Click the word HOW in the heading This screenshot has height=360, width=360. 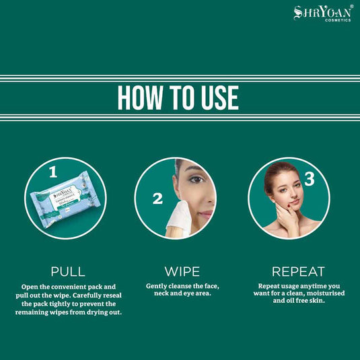point(142,97)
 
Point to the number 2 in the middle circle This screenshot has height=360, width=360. point(157,199)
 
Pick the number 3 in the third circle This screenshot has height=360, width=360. point(309,179)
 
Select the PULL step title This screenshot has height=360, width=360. point(68,272)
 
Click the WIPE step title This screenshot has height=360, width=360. point(182,272)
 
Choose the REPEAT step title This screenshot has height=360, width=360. point(298,272)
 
